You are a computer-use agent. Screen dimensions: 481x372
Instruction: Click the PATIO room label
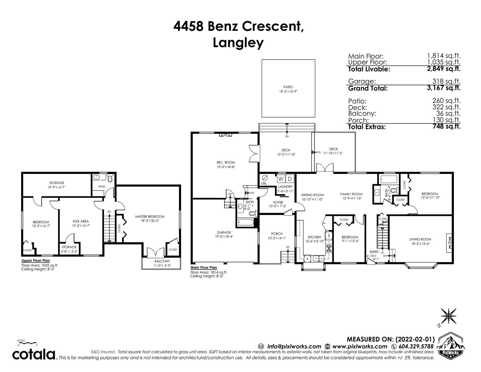288,87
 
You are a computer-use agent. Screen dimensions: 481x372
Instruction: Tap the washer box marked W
281,178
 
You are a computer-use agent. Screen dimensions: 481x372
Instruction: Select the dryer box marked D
290,178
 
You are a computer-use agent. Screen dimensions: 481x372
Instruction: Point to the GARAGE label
224,232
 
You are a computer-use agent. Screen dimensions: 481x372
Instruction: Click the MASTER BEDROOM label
150,217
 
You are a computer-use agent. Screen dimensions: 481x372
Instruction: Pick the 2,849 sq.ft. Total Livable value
444,69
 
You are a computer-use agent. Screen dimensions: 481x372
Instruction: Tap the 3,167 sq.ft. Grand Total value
444,88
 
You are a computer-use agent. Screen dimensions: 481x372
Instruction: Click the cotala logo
33,355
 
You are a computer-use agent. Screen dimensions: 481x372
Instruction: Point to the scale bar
27,343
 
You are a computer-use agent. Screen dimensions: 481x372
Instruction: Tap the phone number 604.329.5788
416,346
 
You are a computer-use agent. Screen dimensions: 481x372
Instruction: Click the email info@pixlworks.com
294,346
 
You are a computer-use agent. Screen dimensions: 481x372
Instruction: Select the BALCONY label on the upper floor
162,261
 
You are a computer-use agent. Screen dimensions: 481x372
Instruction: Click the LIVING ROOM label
420,239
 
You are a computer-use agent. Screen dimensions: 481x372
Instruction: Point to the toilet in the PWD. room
110,178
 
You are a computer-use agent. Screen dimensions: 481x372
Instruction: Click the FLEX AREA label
81,221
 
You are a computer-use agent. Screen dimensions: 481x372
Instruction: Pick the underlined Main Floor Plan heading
204,267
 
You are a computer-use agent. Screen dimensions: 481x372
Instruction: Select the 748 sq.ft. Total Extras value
446,126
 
